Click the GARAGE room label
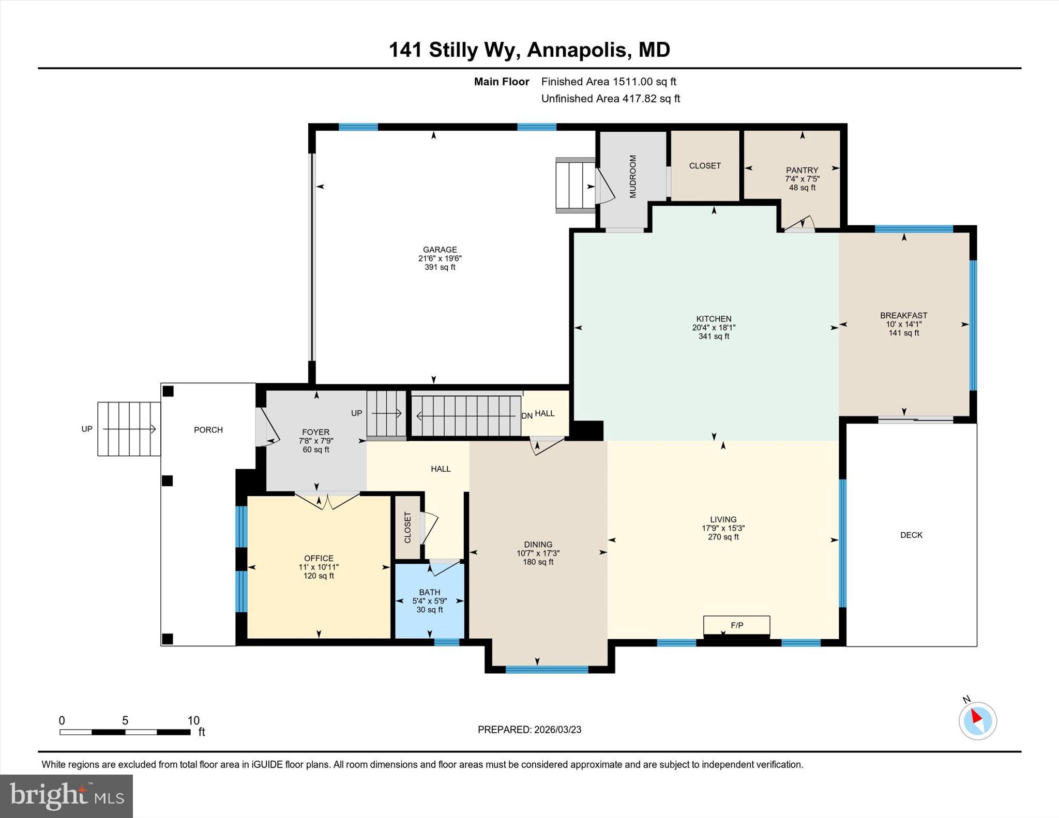pyautogui.click(x=440, y=250)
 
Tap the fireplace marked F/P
pyautogui.click(x=736, y=626)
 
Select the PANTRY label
pyautogui.click(x=801, y=170)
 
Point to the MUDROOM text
pyautogui.click(x=632, y=176)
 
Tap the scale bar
pyautogui.click(x=125, y=732)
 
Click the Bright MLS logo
pyautogui.click(x=66, y=796)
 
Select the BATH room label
pyautogui.click(x=429, y=592)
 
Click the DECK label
pyautogui.click(x=911, y=535)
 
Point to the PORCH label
pyautogui.click(x=208, y=429)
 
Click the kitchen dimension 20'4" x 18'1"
pyautogui.click(x=714, y=328)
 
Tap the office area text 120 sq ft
pyautogui.click(x=319, y=576)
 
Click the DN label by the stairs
pyautogui.click(x=526, y=416)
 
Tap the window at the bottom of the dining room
pyautogui.click(x=547, y=670)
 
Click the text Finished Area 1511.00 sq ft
pyautogui.click(x=608, y=82)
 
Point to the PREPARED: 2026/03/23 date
pyautogui.click(x=529, y=730)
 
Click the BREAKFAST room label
pyautogui.click(x=903, y=315)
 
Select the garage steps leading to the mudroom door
pyautogui.click(x=574, y=185)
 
